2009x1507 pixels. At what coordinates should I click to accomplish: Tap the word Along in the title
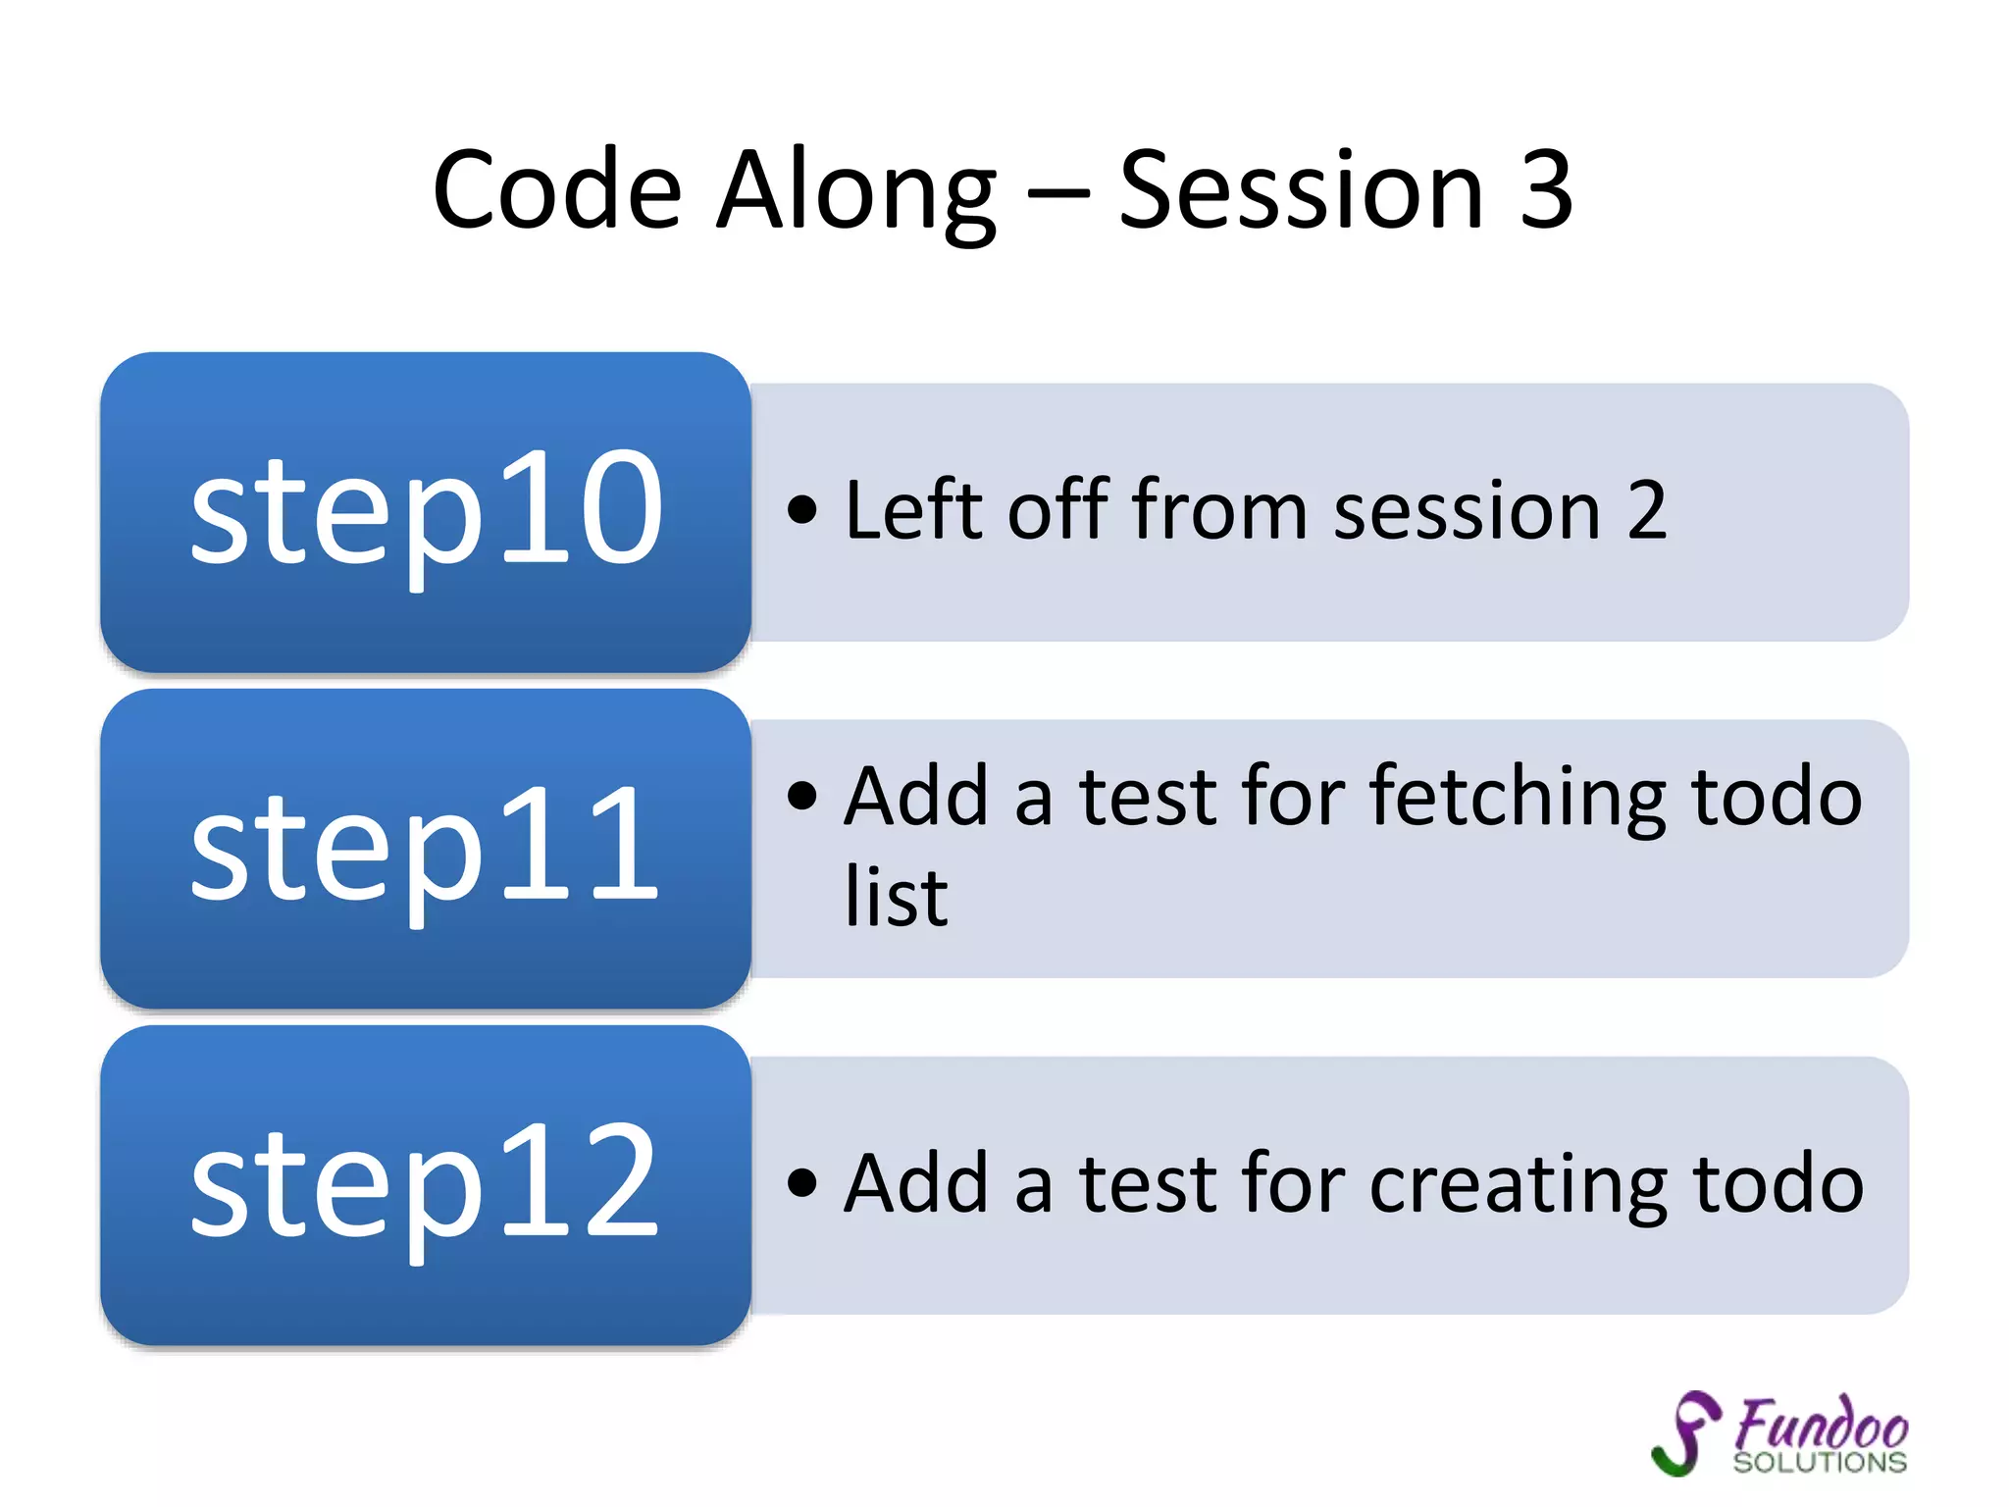(x=856, y=191)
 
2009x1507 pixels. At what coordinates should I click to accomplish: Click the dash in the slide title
(x=1057, y=195)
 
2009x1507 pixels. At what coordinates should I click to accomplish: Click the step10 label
(x=426, y=510)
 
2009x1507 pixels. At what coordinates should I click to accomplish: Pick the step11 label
(x=426, y=847)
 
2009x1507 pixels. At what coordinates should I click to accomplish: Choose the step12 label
(x=426, y=1183)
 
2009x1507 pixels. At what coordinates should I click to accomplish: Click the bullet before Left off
(x=801, y=510)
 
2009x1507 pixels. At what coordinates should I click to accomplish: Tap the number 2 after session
(x=1646, y=510)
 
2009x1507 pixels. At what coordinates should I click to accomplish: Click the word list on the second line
(x=896, y=897)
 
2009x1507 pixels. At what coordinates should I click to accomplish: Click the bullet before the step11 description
(x=801, y=796)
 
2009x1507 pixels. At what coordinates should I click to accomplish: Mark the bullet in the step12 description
(x=801, y=1183)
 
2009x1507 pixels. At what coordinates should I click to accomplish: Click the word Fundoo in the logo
(x=1821, y=1424)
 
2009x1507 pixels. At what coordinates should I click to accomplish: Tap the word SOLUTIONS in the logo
(x=1820, y=1463)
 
